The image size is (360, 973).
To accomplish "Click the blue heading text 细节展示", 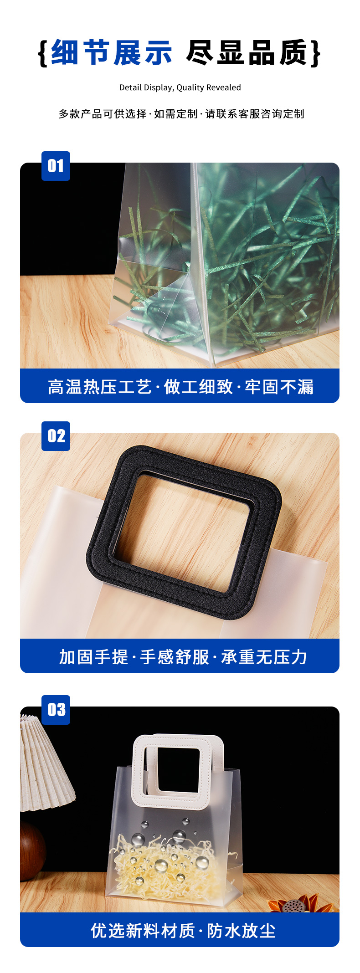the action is pos(112,52).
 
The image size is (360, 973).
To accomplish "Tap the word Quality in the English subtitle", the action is pos(190,87).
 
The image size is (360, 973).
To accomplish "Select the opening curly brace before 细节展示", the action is pos(43,53).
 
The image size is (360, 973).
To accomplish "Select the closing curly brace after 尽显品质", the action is pos(315,53).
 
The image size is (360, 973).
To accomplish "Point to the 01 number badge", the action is pos(56,166).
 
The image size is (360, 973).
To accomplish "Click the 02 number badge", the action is pos(56,436).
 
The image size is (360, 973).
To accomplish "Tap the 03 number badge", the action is pos(56,710).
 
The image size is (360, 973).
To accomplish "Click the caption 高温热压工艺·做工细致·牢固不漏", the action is pos(180,387).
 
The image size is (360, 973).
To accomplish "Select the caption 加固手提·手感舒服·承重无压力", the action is pos(183,657).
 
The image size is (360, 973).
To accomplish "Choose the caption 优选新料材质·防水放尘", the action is pos(183,931).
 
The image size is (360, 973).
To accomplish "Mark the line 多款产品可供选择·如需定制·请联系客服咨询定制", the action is pos(181,114).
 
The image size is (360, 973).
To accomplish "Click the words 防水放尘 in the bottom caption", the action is pos(242,931).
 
